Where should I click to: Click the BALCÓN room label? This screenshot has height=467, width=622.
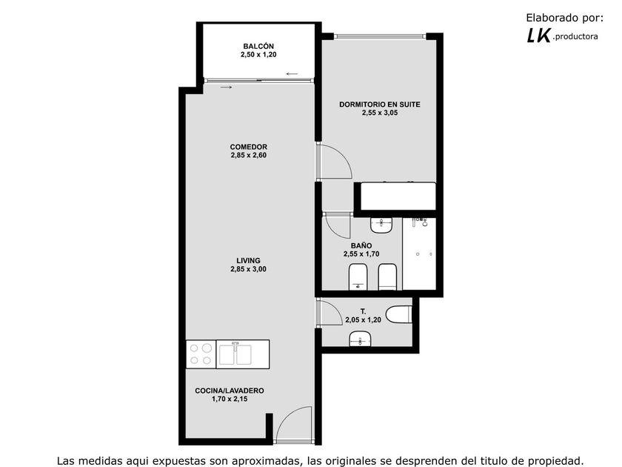click(258, 47)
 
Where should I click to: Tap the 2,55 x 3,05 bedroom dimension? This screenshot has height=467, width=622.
click(380, 113)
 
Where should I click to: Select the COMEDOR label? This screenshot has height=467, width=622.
click(248, 147)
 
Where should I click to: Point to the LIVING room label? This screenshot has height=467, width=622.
click(248, 260)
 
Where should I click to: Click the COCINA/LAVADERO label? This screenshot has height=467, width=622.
click(230, 391)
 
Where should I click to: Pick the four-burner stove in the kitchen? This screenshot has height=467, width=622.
click(201, 354)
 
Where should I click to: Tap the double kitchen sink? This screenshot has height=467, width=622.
click(235, 354)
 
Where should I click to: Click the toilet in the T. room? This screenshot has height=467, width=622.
click(399, 314)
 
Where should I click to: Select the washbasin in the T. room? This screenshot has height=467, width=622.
click(360, 340)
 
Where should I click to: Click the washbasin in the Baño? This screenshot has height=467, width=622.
click(381, 225)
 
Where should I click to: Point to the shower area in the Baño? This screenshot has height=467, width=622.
click(419, 254)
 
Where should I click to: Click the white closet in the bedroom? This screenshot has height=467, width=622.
click(398, 196)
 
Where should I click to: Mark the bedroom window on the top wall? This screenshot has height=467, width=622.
click(380, 36)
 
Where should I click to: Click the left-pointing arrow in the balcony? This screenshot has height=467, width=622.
click(292, 74)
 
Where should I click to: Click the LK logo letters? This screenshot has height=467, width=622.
click(539, 36)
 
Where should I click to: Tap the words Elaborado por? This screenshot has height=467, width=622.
click(564, 18)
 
